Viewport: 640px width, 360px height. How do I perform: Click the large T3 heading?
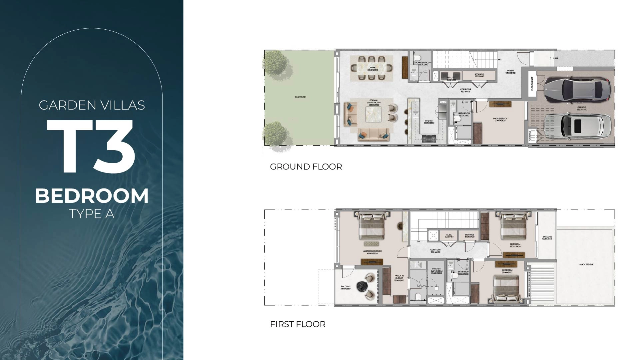point(91,147)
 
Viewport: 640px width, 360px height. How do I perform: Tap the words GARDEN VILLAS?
point(92,105)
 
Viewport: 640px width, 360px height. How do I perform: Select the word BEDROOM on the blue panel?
point(92,196)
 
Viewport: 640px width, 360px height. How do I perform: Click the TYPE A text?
point(92,214)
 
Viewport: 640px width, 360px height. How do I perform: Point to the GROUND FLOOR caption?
point(306,167)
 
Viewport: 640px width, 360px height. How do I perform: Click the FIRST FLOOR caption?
point(298,324)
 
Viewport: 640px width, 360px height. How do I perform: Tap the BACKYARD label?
point(300,97)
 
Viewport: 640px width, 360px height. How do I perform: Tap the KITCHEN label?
point(429,122)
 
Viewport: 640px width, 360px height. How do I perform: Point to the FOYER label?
point(510,71)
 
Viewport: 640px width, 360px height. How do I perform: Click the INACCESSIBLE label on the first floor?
point(586,264)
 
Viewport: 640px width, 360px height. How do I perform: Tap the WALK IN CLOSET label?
point(399,278)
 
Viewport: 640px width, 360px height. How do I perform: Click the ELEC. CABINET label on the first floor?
point(449,235)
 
